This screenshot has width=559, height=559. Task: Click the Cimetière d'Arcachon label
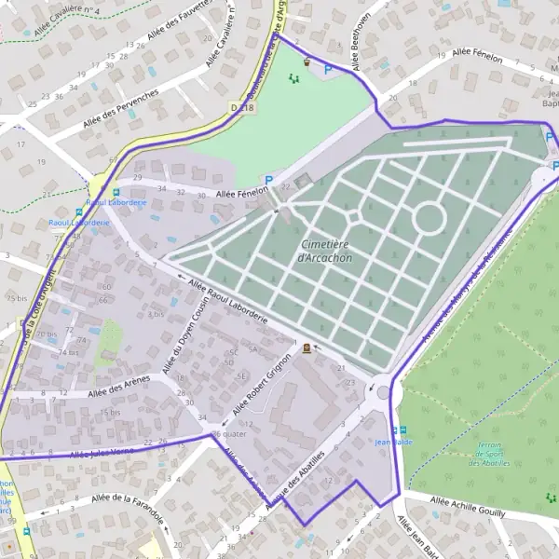click(327, 251)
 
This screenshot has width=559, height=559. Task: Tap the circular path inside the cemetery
click(429, 218)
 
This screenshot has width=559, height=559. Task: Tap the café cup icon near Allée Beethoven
click(307, 62)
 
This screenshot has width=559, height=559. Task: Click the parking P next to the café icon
click(327, 69)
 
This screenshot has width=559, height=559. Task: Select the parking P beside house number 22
click(269, 181)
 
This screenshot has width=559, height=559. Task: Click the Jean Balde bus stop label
click(393, 442)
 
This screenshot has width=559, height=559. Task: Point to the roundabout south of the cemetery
click(383, 393)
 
